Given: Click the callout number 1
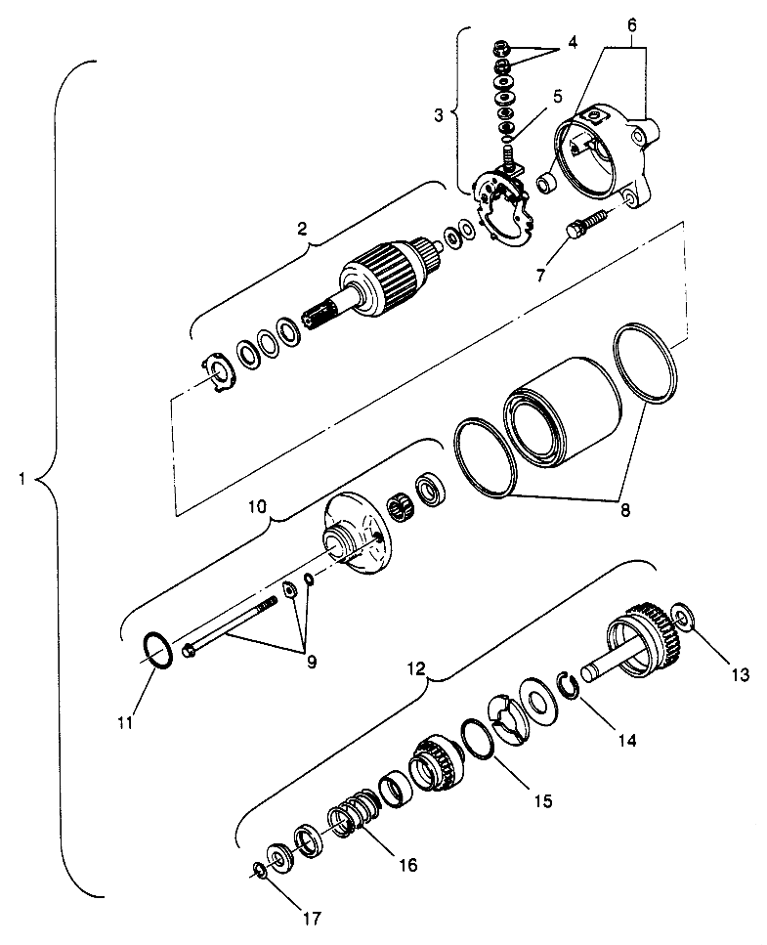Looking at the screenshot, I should pyautogui.click(x=21, y=479).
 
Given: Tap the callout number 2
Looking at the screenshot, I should pyautogui.click(x=303, y=231).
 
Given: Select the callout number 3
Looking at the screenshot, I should pyautogui.click(x=439, y=114).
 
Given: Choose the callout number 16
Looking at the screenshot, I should pyautogui.click(x=407, y=864).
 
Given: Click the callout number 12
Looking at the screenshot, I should pyautogui.click(x=416, y=669).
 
